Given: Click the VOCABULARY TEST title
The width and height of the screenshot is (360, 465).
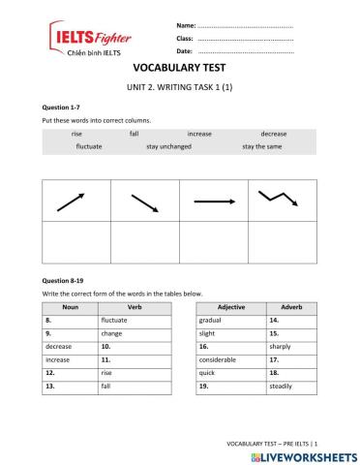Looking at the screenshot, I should [180, 70].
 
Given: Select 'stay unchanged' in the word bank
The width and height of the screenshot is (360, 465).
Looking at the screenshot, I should [168, 146].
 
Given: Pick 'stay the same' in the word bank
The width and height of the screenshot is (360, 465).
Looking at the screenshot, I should [262, 146].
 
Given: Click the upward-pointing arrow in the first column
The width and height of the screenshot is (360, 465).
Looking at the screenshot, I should [71, 201].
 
